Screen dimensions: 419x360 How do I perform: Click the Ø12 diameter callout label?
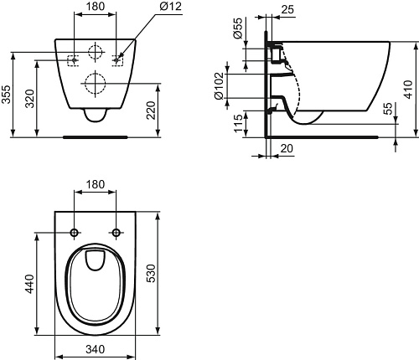[x=170, y=6]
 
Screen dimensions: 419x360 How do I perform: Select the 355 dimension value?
[x=6, y=94]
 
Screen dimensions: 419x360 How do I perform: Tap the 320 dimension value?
[x=29, y=99]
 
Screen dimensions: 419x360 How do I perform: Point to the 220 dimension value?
[x=151, y=111]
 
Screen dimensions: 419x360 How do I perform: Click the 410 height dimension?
[x=408, y=90]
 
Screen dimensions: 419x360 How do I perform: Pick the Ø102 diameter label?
[x=219, y=85]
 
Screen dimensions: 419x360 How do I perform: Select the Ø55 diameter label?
[x=237, y=28]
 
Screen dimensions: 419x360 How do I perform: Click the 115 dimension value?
[x=238, y=123]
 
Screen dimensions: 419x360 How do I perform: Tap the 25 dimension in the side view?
[x=287, y=9]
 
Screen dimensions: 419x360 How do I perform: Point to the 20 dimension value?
[x=287, y=148]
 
